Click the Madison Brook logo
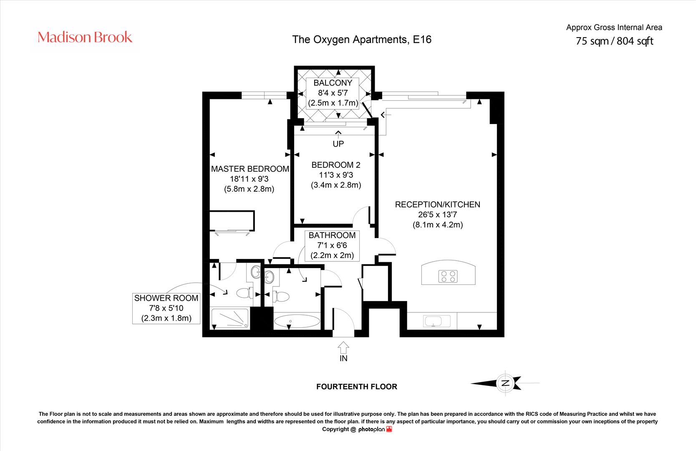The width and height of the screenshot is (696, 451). [x=85, y=37]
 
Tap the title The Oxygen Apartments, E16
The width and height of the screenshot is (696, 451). [x=362, y=40]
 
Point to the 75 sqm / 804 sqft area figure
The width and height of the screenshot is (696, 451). [x=614, y=41]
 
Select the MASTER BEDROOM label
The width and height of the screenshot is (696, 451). [x=250, y=169]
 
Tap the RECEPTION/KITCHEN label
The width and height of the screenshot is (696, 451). [x=437, y=204]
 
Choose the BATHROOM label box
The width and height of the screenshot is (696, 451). [x=332, y=246]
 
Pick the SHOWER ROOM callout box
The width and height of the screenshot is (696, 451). [x=166, y=308]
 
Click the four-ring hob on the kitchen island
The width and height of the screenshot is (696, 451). [x=448, y=276]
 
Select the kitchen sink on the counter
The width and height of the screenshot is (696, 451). [x=436, y=321]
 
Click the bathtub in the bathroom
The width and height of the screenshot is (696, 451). [x=297, y=321]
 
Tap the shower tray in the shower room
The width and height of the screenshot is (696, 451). [x=230, y=318]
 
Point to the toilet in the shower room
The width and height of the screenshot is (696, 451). [x=245, y=293]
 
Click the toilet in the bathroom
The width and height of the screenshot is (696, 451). [x=281, y=296]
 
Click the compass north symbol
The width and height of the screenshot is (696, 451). [x=505, y=383]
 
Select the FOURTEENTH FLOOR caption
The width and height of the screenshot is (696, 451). [x=357, y=387]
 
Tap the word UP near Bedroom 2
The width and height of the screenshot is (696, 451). [x=338, y=144]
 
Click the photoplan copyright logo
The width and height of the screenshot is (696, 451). [x=376, y=429]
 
